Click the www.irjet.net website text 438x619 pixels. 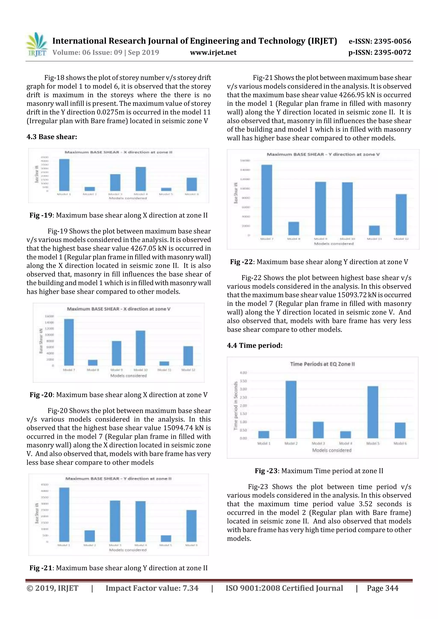coord(213,53)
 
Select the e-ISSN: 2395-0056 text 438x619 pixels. coord(380,41)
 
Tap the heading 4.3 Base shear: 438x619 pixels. coord(52,137)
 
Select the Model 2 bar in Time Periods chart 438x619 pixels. coord(291,409)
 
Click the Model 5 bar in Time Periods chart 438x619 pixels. coord(373,412)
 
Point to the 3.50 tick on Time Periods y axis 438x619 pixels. coord(243,381)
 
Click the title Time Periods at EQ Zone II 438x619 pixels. coord(322,364)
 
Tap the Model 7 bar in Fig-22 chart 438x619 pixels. coord(267,200)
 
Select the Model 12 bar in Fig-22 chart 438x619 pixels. coord(401,215)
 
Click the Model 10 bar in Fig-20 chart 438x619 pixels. coord(140,348)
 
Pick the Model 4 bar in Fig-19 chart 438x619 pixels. coord(141,179)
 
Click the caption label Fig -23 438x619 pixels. coord(266,471)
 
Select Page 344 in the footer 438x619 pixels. coord(382,588)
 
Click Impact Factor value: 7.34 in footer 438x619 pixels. coord(152,588)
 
